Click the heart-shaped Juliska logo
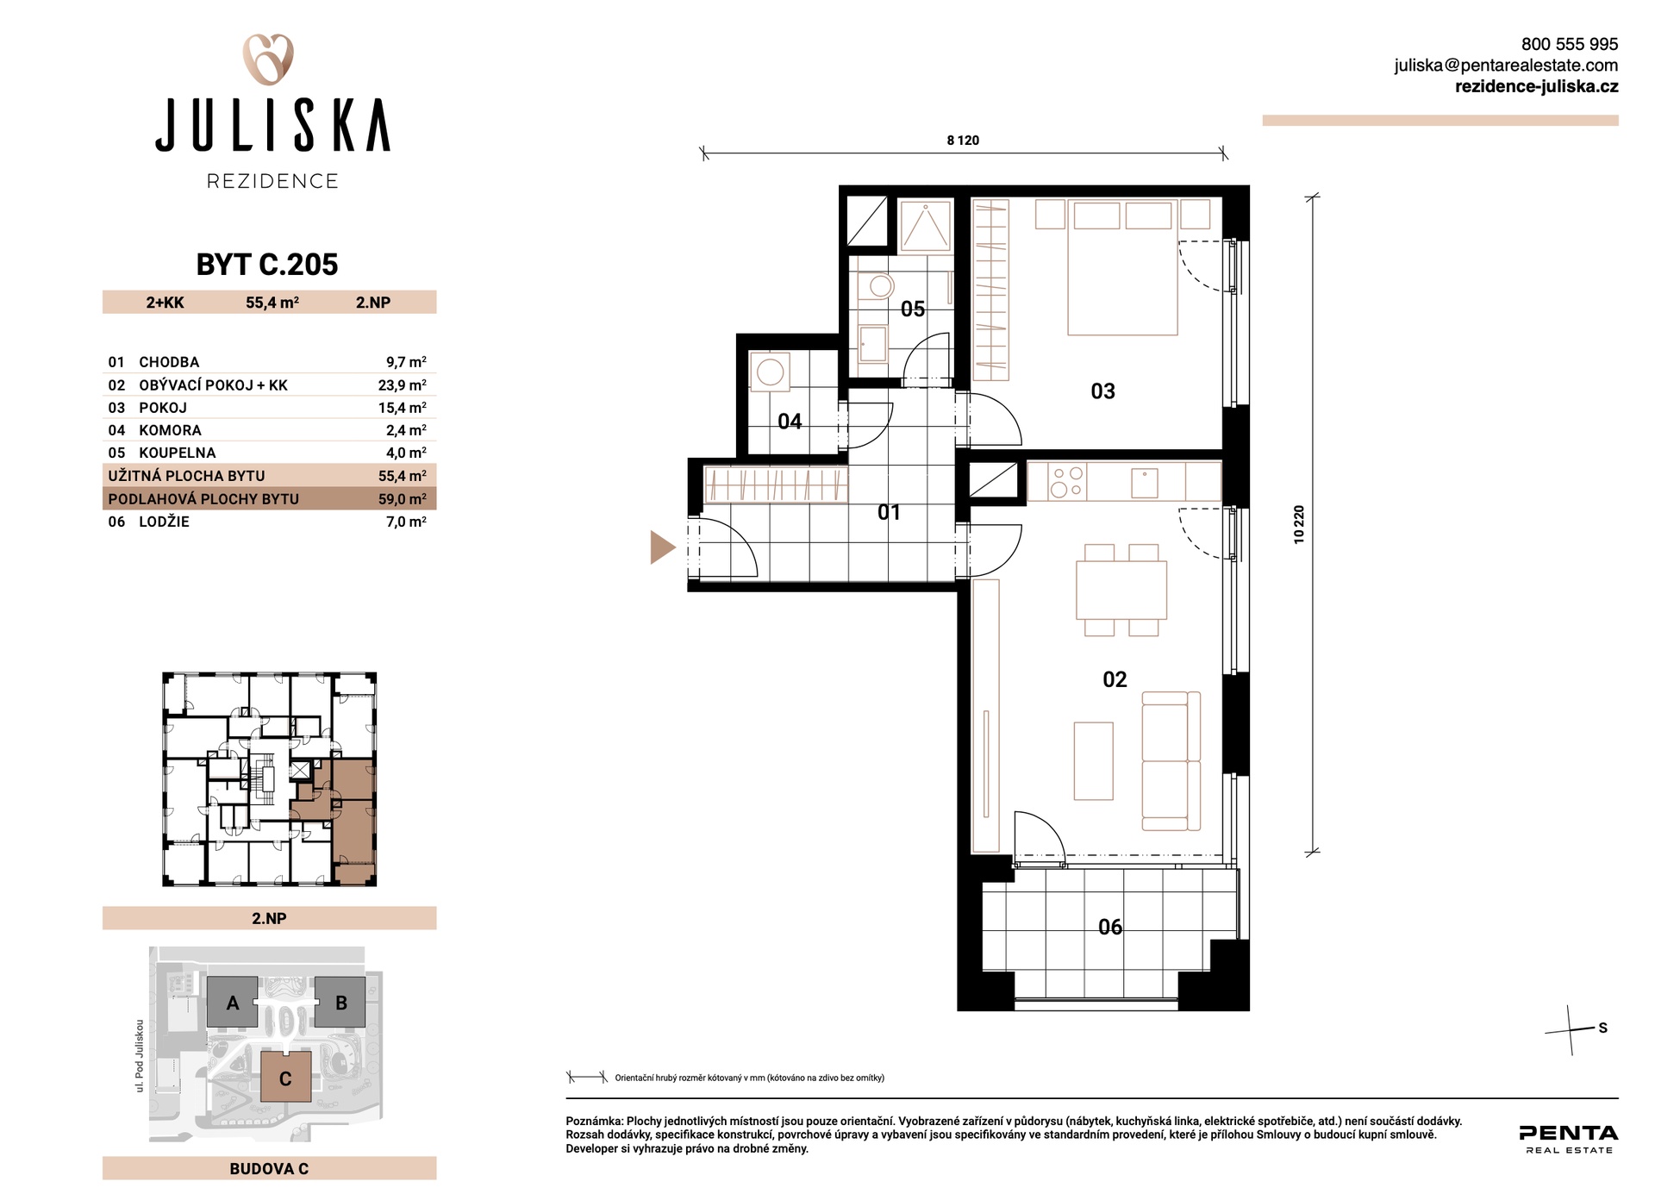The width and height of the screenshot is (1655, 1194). click(x=268, y=59)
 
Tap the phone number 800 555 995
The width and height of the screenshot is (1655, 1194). click(x=1569, y=44)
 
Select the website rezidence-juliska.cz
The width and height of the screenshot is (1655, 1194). click(x=1536, y=86)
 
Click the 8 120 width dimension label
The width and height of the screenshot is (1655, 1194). click(x=963, y=141)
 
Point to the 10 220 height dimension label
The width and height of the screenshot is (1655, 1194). click(x=1299, y=524)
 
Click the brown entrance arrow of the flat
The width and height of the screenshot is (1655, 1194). click(x=662, y=547)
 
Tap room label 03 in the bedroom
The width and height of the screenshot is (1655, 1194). click(x=1102, y=391)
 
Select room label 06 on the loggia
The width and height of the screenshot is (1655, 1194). click(x=1110, y=927)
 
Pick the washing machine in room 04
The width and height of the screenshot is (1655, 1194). click(x=770, y=372)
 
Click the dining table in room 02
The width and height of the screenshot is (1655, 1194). click(x=1121, y=591)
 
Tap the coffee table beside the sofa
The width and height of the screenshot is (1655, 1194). click(x=1093, y=761)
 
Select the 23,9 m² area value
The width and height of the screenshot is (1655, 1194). click(x=402, y=385)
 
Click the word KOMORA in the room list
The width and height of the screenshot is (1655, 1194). click(x=170, y=430)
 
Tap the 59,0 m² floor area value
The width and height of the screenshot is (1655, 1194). click(x=402, y=499)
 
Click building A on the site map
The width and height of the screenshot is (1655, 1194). click(x=233, y=1002)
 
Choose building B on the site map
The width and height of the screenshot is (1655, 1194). click(x=340, y=1002)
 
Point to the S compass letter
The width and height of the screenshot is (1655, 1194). click(x=1602, y=1028)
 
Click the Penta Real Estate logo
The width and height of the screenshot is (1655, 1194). click(x=1569, y=1139)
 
